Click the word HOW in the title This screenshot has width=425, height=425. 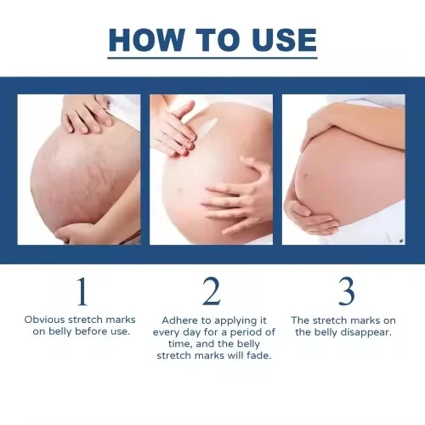coord(146,40)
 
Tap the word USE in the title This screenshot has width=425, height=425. coord(284,40)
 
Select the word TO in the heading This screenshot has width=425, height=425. coord(218,40)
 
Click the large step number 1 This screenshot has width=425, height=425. coord(82,292)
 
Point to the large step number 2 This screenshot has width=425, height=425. coord(212,291)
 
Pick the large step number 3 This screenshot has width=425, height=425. coord(347,291)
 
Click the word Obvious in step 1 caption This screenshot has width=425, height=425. coord(44,320)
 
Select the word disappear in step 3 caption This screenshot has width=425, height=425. coord(365,332)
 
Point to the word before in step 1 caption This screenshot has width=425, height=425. coord(92,331)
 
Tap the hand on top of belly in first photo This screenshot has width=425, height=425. coord(87,116)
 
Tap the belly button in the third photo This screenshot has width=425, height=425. coord(306,175)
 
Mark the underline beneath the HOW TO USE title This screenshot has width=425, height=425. coord(212,58)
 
